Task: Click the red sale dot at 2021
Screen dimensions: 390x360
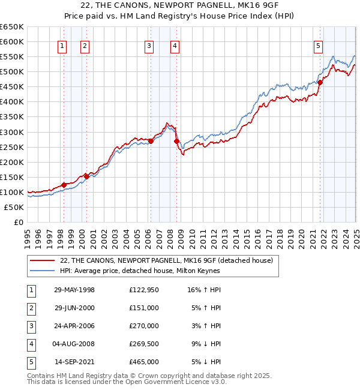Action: point(320,83)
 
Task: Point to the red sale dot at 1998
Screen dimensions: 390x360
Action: point(64,185)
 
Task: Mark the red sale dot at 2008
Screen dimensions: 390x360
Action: point(176,141)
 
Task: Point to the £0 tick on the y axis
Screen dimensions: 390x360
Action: point(18,222)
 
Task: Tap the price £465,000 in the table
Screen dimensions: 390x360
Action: point(144,362)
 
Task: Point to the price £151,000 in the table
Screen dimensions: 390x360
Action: point(144,308)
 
